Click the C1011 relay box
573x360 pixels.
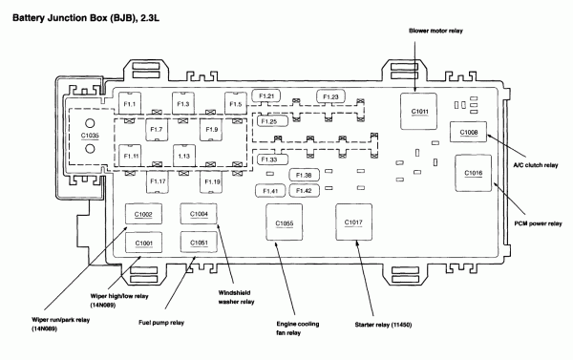pyautogui.click(x=418, y=111)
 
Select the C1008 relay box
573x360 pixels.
pyautogui.click(x=468, y=132)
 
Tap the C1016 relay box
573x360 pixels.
pyautogui.click(x=474, y=173)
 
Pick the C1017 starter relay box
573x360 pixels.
pyautogui.click(x=353, y=222)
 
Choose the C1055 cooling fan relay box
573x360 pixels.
pyautogui.click(x=284, y=222)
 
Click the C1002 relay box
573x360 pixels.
pyautogui.click(x=143, y=214)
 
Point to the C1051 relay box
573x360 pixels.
pyautogui.click(x=199, y=243)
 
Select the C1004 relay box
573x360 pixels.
pyautogui.click(x=199, y=214)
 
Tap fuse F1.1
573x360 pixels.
pyautogui.click(x=130, y=104)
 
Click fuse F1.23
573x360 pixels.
pyautogui.click(x=330, y=96)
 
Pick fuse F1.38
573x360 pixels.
pyautogui.click(x=304, y=175)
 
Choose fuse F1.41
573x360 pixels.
pyautogui.click(x=270, y=191)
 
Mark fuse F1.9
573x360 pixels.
pyautogui.click(x=212, y=130)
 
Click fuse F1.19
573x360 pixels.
pyautogui.click(x=212, y=181)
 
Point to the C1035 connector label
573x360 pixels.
pyautogui.click(x=90, y=136)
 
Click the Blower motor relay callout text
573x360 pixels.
pyautogui.click(x=435, y=32)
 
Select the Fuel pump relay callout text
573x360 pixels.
pyautogui.click(x=161, y=323)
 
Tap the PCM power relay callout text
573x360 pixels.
pyautogui.click(x=538, y=223)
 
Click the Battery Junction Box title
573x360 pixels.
pyautogui.click(x=86, y=18)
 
